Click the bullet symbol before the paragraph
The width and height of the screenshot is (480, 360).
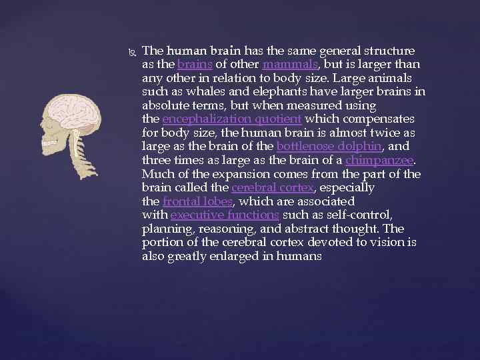pos(129,51)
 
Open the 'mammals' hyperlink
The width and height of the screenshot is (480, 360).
pos(291,65)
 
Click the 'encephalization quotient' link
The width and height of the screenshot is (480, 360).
pos(232,119)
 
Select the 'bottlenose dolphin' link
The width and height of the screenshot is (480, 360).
pos(315,147)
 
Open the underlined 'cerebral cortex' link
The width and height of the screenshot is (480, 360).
pos(272,188)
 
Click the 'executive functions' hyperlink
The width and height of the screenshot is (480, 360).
pos(225,215)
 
